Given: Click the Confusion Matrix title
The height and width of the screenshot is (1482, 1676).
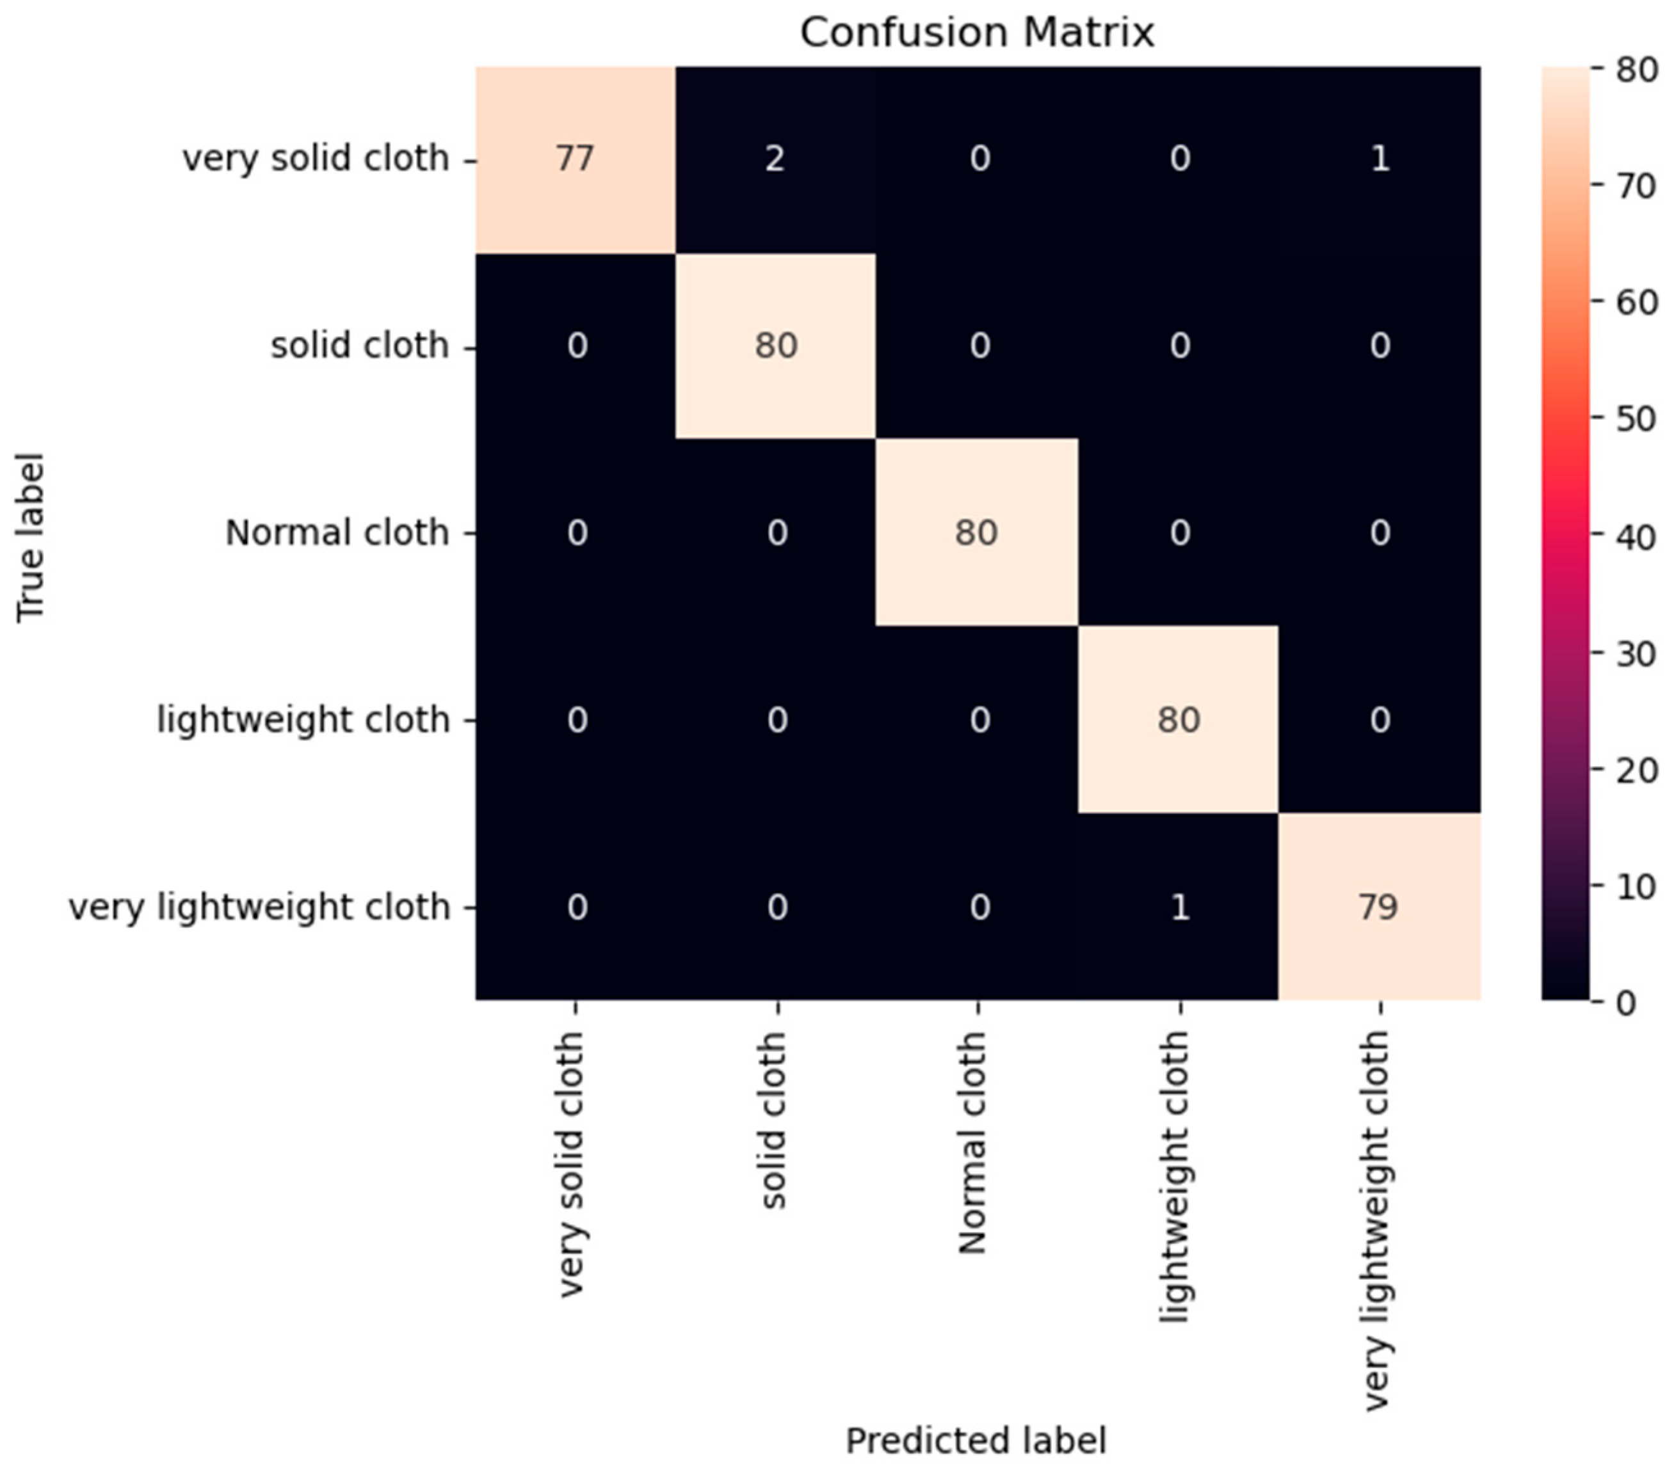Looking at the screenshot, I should coord(976,33).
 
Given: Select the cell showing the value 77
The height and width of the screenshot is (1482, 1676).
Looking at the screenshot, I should coord(575,158).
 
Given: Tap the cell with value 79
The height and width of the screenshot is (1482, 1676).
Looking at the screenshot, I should coord(1378,907).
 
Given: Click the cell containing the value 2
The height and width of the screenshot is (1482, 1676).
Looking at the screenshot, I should coord(775,158).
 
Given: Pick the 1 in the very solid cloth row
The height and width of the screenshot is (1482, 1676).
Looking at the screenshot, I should coord(1380,158).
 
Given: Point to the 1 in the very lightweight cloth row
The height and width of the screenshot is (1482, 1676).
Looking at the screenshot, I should coord(1179,907).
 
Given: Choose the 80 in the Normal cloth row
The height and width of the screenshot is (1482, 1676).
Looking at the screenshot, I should coord(976,533).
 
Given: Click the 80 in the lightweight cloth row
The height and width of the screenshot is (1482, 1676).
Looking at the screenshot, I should coord(1179,720).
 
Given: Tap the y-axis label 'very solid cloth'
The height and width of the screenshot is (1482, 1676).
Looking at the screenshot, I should coord(315,158).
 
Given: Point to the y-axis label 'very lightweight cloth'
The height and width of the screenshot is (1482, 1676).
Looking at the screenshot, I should coord(259,907).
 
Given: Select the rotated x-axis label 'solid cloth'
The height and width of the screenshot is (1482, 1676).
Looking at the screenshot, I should coord(774,1120).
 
